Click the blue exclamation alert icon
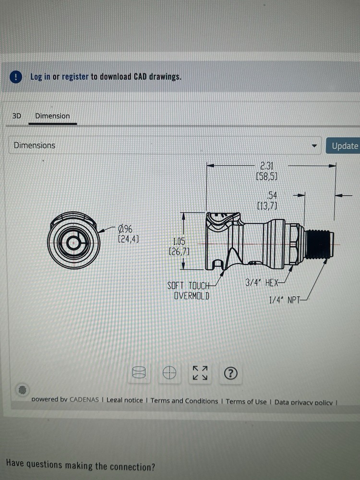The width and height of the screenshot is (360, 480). (x=16, y=77)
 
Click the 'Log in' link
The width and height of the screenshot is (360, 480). (x=40, y=77)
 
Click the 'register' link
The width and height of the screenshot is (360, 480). (x=75, y=77)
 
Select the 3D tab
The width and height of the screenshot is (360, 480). (x=17, y=116)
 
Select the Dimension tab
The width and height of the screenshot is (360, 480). (x=52, y=116)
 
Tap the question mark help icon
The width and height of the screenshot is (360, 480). (x=231, y=373)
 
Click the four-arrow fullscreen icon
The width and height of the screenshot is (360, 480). (x=200, y=373)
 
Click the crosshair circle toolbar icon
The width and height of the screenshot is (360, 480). (x=169, y=373)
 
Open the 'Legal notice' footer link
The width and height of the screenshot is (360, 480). (x=124, y=401)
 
